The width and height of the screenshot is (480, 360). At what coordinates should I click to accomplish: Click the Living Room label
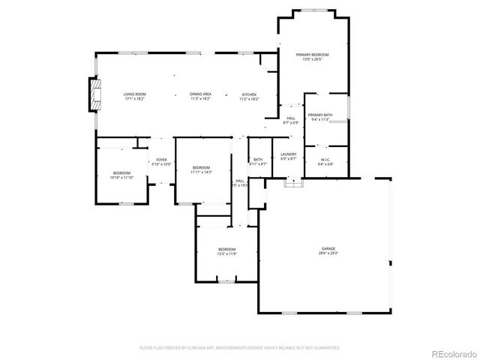134,94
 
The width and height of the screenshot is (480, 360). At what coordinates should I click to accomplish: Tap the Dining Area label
200,94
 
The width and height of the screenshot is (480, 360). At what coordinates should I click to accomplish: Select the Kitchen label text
249,94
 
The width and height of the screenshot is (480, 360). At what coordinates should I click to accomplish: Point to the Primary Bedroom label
312,55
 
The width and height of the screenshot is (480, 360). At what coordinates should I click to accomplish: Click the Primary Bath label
320,115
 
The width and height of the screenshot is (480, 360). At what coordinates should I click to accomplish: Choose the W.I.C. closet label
325,159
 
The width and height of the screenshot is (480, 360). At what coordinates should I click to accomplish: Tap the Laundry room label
289,154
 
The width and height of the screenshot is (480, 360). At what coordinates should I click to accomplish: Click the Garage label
328,248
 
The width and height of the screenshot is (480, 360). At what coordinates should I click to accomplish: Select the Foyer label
161,160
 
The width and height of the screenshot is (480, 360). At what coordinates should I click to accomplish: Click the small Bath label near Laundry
257,159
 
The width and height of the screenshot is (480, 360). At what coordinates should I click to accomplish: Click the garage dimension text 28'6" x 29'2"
328,253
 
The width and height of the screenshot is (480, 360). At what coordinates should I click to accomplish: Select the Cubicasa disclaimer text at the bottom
240,348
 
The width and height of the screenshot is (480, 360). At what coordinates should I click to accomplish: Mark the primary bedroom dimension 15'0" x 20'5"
312,59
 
